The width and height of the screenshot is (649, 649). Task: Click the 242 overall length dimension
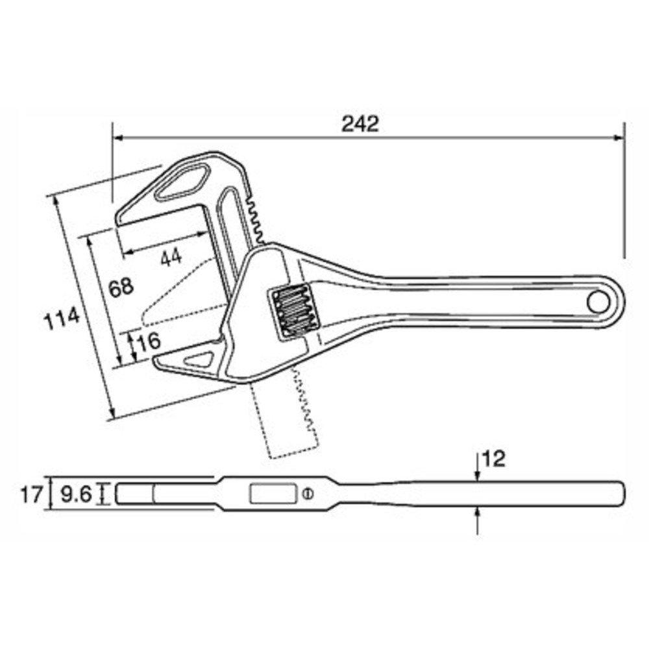[360, 124]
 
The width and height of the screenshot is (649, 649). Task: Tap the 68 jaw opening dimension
[121, 287]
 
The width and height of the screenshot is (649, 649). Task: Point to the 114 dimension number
[62, 318]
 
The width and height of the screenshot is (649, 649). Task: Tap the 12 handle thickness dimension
[494, 459]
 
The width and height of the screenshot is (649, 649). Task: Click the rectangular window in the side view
[272, 495]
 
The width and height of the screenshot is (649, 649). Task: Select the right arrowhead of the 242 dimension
[620, 138]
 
